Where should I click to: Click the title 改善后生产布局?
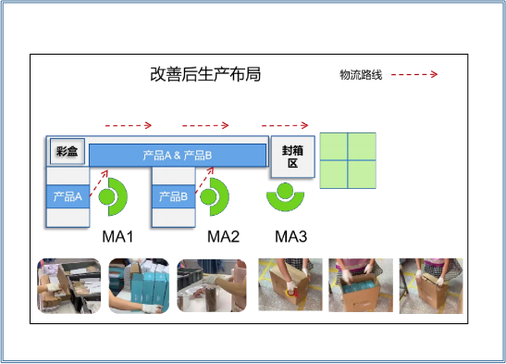pyautogui.click(x=205, y=74)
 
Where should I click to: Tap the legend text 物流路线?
pyautogui.click(x=361, y=75)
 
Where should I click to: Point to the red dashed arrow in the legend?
pyautogui.click(x=414, y=75)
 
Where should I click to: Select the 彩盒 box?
pyautogui.click(x=68, y=151)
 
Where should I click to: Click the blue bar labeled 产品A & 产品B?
pyautogui.click(x=178, y=156)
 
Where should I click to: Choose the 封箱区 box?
pyautogui.click(x=292, y=157)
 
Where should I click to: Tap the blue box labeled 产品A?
pyautogui.click(x=68, y=196)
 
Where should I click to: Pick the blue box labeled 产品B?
pyautogui.click(x=174, y=196)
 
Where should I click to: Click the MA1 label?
pyautogui.click(x=117, y=237)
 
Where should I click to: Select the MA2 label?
pyautogui.click(x=223, y=237)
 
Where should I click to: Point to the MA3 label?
pyautogui.click(x=291, y=237)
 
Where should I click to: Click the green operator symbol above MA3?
pyautogui.click(x=285, y=204)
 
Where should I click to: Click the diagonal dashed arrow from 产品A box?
pyautogui.click(x=99, y=182)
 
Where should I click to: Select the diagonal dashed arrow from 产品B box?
pyautogui.click(x=204, y=181)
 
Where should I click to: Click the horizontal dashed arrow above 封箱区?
pyautogui.click(x=285, y=125)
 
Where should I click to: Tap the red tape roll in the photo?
pyautogui.click(x=290, y=294)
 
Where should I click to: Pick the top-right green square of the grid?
pyautogui.click(x=362, y=146)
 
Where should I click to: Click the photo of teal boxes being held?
pyautogui.click(x=139, y=286)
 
